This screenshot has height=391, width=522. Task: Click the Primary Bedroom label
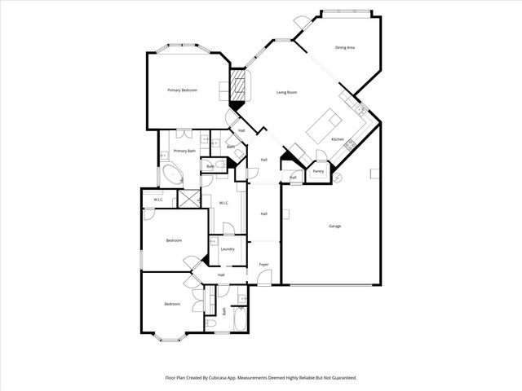coord(183,90)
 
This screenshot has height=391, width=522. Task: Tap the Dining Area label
coord(345,48)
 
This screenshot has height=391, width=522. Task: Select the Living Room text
coord(285,93)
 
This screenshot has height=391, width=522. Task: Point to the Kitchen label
coord(338,139)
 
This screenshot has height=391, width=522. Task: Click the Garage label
coord(335,226)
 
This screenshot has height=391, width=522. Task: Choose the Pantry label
coord(318,171)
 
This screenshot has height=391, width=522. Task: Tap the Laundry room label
coord(228,249)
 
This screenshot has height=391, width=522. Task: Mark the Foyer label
coord(264,265)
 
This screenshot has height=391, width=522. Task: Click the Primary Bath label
coord(184,151)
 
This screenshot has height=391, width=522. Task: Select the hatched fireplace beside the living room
coord(239,85)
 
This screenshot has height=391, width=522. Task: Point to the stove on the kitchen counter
coord(351,144)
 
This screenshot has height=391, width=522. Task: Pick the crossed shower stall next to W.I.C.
coord(189,200)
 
